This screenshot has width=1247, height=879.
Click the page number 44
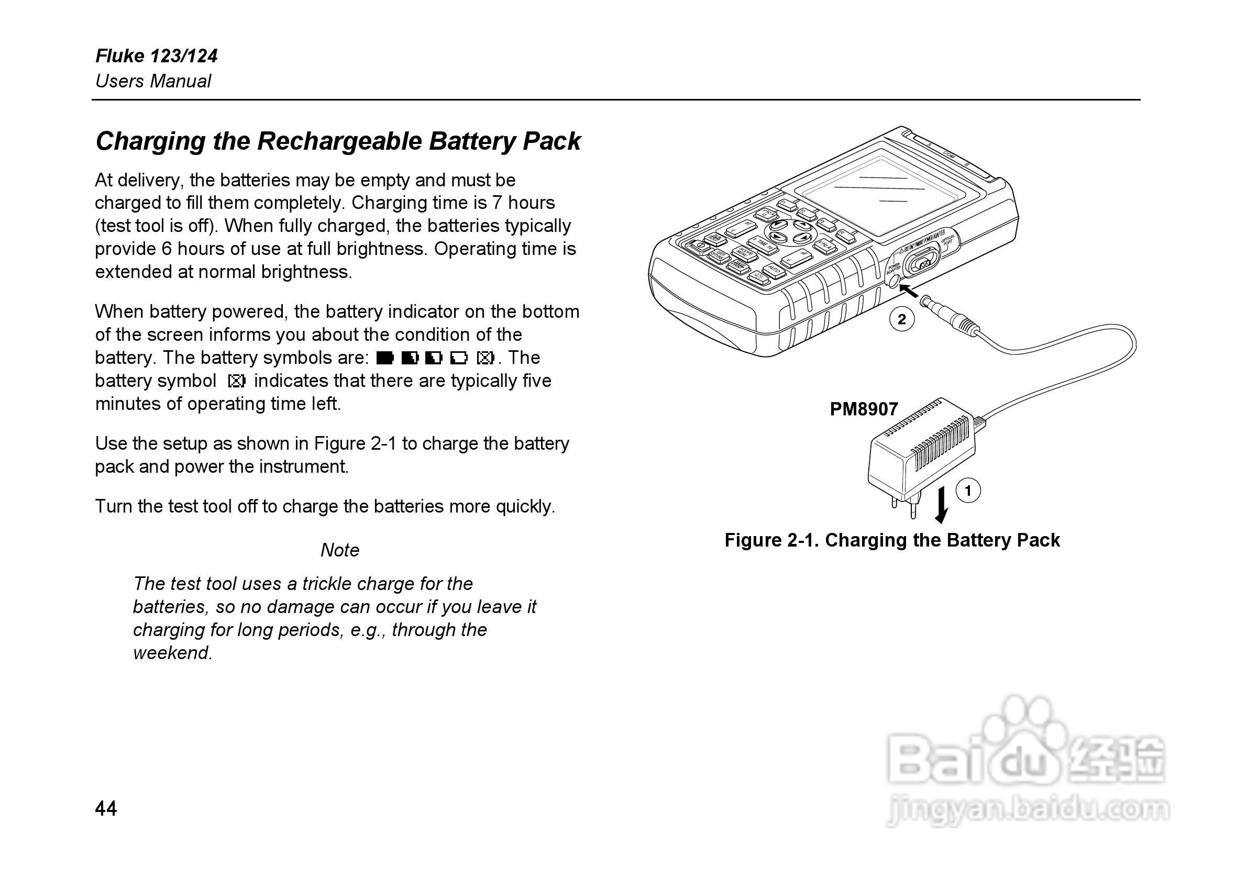(x=106, y=808)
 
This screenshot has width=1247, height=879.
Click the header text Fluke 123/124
(x=157, y=56)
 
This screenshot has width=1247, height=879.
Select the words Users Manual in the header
(x=153, y=82)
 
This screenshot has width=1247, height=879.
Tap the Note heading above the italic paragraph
(x=340, y=550)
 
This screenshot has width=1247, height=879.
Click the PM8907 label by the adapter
(x=864, y=409)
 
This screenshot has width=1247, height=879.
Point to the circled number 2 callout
(x=901, y=319)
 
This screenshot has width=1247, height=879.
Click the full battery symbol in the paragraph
(x=384, y=358)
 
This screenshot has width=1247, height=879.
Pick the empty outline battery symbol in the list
(x=458, y=358)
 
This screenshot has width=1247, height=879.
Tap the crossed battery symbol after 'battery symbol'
(x=237, y=381)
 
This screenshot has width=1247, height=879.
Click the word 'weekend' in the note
(x=172, y=653)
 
